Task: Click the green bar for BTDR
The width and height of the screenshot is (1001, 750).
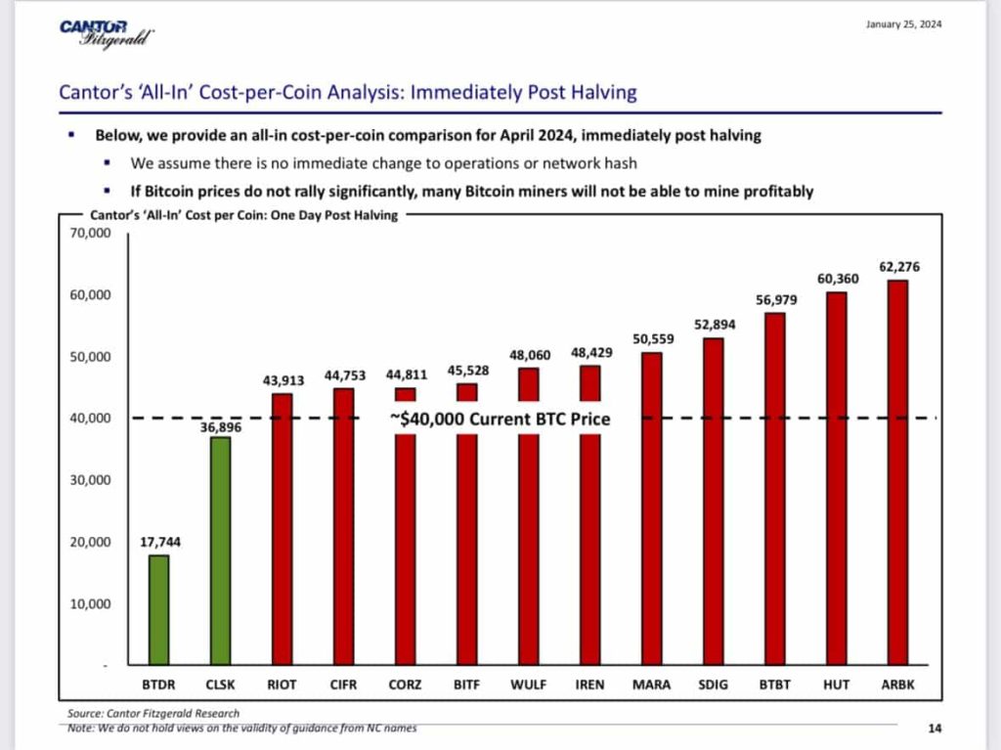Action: tap(157, 610)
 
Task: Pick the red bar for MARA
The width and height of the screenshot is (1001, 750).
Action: tap(651, 508)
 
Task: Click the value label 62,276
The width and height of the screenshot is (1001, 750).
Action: tap(899, 267)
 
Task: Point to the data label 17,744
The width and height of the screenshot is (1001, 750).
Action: tap(157, 541)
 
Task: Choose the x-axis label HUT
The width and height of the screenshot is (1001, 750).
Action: tap(837, 684)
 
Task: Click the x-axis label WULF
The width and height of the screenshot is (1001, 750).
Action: tap(528, 684)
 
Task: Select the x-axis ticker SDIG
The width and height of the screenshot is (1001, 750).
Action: tap(715, 684)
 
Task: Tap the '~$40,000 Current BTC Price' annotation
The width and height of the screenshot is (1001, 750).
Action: tap(499, 419)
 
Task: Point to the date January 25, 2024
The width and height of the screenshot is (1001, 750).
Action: tap(903, 25)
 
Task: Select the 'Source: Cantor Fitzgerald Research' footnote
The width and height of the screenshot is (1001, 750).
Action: tap(153, 713)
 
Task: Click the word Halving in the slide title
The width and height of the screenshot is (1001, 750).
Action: tap(597, 93)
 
